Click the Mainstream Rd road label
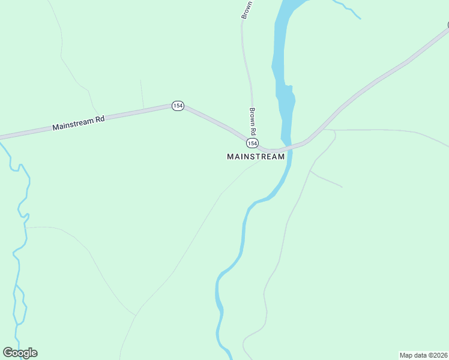79,123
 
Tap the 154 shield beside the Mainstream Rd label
177,106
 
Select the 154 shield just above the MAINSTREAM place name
253,143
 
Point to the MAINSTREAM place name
256,157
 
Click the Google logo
20,353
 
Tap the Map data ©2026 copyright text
424,355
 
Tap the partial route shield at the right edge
447,25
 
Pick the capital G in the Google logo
8,352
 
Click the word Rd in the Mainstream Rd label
99,119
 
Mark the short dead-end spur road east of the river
326,179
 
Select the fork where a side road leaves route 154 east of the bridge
325,129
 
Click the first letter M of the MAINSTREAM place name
231,157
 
